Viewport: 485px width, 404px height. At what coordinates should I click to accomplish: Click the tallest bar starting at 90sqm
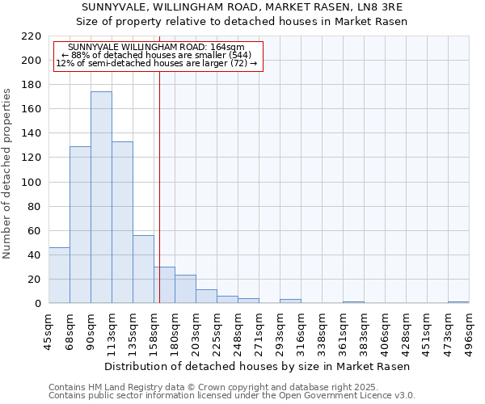(101, 198)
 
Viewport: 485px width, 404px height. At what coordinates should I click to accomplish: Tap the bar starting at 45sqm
(59, 276)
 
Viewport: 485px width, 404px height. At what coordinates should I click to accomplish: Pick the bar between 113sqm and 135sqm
(122, 223)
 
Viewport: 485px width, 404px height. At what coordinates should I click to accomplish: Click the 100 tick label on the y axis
(32, 183)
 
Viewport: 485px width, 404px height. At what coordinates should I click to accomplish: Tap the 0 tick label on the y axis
(38, 304)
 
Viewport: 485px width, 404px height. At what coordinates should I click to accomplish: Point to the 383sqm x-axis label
(365, 331)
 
